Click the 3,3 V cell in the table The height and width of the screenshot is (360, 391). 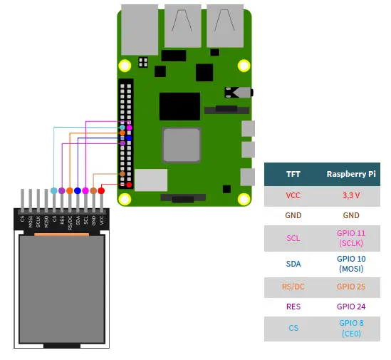tap(351, 195)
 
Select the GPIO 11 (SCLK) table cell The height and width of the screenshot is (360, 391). tap(351, 238)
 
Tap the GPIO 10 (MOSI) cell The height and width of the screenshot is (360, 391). tap(351, 264)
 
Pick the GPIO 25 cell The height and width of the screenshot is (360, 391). tap(351, 286)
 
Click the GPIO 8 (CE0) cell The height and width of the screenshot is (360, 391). tap(351, 328)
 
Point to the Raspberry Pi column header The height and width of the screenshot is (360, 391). tap(351, 173)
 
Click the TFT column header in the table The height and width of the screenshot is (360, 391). tap(293, 173)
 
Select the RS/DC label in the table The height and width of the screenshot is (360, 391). tap(293, 286)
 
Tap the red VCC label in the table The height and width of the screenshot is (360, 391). tap(293, 195)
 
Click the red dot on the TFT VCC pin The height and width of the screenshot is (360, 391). tap(101, 190)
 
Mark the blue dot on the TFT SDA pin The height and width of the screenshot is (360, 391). tap(78, 190)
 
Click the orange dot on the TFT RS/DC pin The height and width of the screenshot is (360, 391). tap(70, 190)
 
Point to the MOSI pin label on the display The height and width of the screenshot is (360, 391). tap(31, 220)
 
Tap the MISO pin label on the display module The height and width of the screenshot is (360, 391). tap(46, 220)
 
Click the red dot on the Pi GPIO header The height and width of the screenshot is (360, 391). tap(129, 185)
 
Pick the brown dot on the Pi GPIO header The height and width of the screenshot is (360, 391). tap(123, 174)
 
